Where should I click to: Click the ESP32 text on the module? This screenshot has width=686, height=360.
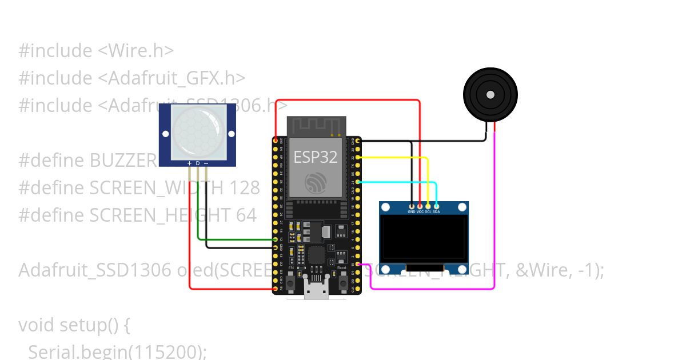[316, 157]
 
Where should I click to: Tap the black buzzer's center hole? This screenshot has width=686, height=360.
[490, 94]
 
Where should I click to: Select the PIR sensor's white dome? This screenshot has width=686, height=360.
[198, 133]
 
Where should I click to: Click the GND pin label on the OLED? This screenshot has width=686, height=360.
[412, 211]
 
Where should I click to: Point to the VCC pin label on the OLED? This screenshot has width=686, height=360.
[420, 211]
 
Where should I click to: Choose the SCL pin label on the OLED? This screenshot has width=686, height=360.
[428, 211]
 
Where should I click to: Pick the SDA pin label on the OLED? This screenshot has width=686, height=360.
[436, 211]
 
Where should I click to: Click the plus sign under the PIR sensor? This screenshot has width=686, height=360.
[189, 163]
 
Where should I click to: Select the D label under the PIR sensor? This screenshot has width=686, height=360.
[198, 163]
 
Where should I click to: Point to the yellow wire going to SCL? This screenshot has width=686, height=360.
[400, 157]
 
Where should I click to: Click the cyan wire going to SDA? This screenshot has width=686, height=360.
[400, 182]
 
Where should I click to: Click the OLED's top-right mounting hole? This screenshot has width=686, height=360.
[462, 207]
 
